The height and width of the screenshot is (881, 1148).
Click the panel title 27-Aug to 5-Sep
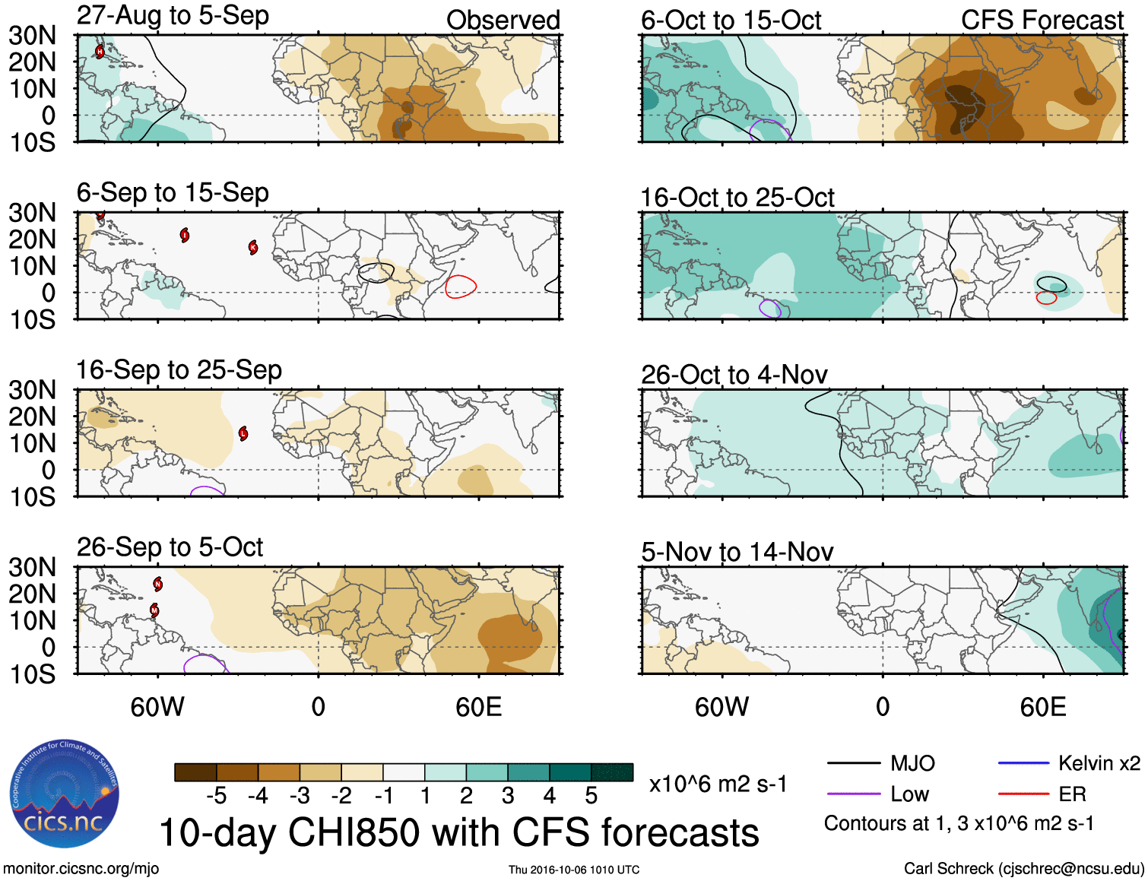[x=173, y=16]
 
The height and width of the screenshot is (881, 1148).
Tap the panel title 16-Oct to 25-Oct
[x=737, y=198]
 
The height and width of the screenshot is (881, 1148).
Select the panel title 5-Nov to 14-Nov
[x=737, y=552]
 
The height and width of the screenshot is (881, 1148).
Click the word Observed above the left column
[x=503, y=21]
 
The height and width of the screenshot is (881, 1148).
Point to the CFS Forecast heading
[x=1042, y=21]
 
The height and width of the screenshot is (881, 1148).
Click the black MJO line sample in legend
[x=853, y=763]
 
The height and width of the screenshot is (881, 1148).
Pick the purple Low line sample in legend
[x=853, y=794]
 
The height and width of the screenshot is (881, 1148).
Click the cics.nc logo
[x=64, y=794]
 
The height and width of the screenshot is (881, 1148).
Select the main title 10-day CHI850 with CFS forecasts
[x=459, y=832]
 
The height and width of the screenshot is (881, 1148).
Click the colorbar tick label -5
[x=216, y=796]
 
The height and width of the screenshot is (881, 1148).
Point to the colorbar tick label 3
[x=508, y=796]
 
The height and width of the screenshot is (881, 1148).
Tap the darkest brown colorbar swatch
[x=195, y=772]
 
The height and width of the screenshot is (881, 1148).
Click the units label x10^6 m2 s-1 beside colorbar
[x=718, y=784]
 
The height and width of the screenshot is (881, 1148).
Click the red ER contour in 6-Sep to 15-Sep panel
[x=461, y=287]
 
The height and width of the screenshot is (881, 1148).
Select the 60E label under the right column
[x=1042, y=707]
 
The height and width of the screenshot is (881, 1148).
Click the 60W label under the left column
[x=157, y=707]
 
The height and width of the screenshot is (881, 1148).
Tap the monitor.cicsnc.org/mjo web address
[x=81, y=869]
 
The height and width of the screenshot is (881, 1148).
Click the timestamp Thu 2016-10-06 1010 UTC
[x=574, y=870]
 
